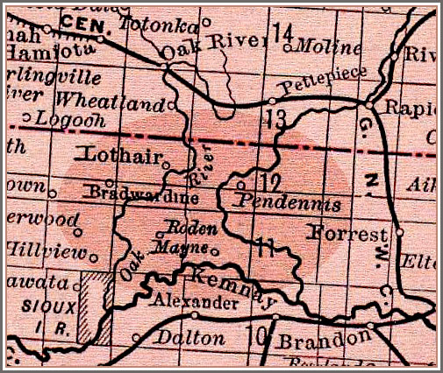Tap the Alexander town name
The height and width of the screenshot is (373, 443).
coord(193,303)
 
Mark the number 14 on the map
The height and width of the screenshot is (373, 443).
coord(283,33)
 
